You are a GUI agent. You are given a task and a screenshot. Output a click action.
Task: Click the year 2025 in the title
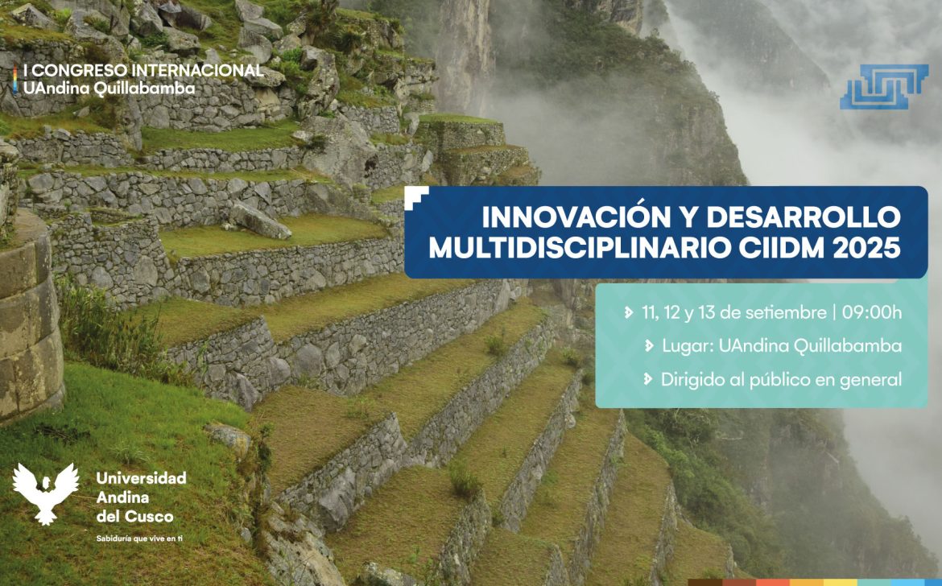(x=867, y=248)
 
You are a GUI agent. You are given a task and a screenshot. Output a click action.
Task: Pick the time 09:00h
(x=872, y=312)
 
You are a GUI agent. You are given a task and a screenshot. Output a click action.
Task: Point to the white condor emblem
(x=46, y=493)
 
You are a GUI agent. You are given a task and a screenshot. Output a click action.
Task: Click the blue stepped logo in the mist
(x=884, y=86)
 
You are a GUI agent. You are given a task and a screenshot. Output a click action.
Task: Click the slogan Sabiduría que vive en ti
(x=139, y=539)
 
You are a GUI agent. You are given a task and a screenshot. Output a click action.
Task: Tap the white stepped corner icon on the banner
(x=416, y=197)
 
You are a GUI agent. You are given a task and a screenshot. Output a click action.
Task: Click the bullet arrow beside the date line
(x=628, y=313)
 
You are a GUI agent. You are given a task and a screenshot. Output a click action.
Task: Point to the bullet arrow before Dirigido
(x=647, y=379)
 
